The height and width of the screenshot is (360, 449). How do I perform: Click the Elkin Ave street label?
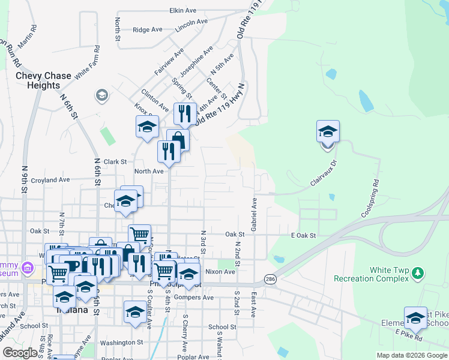tap(183, 11)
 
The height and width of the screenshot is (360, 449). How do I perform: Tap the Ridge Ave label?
tap(148, 29)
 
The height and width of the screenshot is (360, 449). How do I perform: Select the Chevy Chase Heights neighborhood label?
tap(43, 80)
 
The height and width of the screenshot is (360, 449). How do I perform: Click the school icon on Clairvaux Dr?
tap(328, 131)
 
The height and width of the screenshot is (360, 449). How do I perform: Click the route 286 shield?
tap(270, 280)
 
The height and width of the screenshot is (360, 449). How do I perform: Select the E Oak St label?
tap(303, 236)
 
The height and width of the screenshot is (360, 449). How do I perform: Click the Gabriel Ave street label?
tap(254, 214)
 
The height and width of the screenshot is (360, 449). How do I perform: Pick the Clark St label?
tap(115, 161)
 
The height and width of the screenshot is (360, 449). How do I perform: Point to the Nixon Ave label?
tap(220, 272)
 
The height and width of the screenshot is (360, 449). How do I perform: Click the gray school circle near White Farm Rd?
tap(101, 95)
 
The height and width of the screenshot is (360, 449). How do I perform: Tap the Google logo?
tap(20, 352)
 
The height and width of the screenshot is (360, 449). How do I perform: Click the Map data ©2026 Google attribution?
tap(412, 355)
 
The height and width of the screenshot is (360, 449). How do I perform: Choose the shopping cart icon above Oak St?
tap(139, 233)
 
